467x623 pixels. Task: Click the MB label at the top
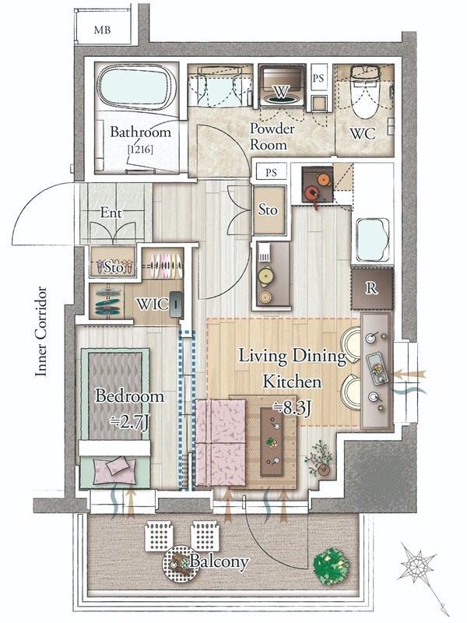102,30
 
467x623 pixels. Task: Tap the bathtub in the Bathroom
137,89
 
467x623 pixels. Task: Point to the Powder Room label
272,136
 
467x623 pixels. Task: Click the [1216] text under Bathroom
140,150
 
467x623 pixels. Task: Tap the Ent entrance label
111,213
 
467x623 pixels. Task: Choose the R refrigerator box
372,288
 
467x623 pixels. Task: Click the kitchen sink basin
372,240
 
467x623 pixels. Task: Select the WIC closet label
152,304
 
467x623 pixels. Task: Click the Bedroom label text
129,396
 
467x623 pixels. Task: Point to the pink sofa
221,442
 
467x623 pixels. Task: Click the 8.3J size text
293,408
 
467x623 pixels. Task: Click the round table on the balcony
180,563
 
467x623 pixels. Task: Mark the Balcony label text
219,561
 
